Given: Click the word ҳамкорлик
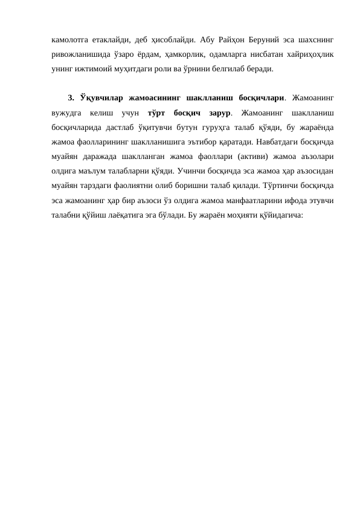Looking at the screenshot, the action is point(181,54).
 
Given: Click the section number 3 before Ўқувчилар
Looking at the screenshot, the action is point(71,98).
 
